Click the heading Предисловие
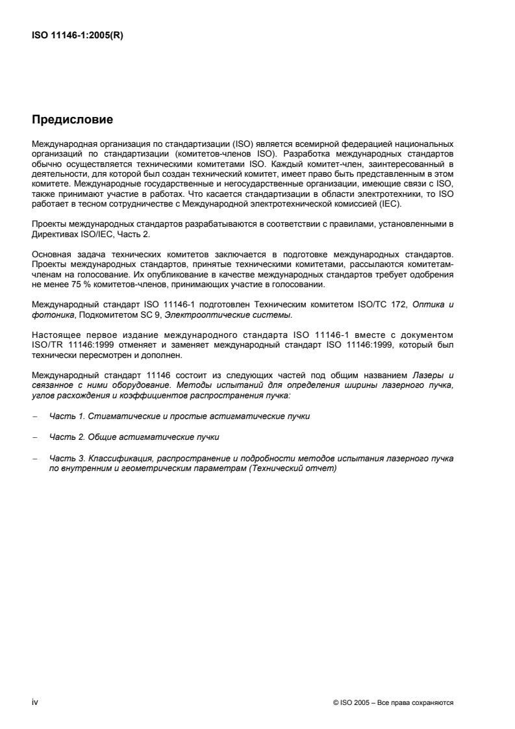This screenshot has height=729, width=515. (72, 120)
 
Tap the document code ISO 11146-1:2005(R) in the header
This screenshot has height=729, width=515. (77, 36)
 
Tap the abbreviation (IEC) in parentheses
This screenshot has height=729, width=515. (392, 203)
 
